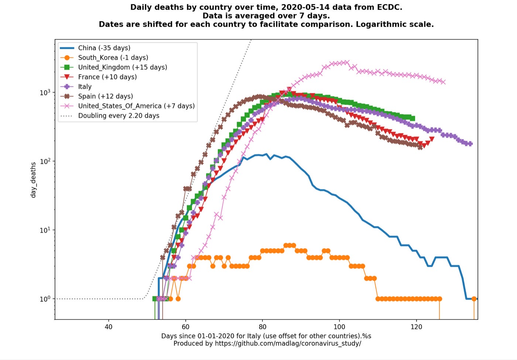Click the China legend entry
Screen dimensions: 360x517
[104, 48]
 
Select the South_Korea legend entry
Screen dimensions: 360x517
[113, 58]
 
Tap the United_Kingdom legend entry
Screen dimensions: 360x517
[122, 67]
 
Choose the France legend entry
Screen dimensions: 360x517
[107, 77]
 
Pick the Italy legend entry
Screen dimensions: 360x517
[85, 86]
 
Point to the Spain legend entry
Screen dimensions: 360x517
[105, 96]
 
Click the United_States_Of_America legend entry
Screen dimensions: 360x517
[136, 106]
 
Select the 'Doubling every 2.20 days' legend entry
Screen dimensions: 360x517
[119, 115]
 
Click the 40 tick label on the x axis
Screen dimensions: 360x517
[109, 327]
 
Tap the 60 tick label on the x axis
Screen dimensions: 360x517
[185, 327]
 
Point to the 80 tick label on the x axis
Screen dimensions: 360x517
[263, 327]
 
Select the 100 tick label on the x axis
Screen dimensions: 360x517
[339, 327]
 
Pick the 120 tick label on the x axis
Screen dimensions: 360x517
[416, 327]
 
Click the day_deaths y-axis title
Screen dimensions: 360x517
[33, 180]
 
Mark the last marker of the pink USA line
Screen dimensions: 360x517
[443, 82]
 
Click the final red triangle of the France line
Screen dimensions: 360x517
[432, 139]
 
